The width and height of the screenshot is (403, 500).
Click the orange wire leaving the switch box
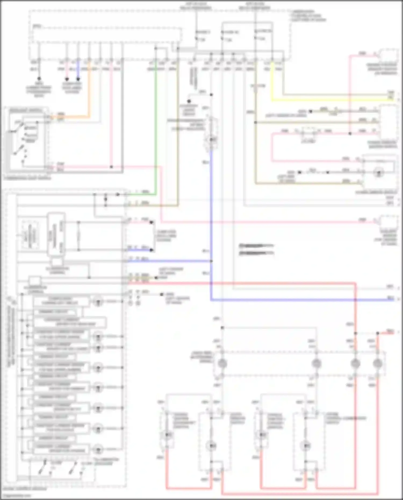(x=70, y=117)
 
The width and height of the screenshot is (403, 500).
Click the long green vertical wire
(x=156, y=121)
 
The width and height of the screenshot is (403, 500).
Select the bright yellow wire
(x=322, y=100)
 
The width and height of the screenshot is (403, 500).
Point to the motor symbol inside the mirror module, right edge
(x=379, y=173)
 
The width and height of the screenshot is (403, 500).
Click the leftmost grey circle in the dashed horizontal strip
(x=222, y=363)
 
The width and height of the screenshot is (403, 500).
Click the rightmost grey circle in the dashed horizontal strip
(x=377, y=363)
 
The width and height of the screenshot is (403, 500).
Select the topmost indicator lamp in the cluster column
(x=98, y=301)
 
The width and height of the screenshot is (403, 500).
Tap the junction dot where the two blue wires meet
(x=211, y=261)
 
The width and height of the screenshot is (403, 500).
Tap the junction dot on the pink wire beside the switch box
(x=111, y=167)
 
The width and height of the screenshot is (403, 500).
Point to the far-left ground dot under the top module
(x=39, y=79)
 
